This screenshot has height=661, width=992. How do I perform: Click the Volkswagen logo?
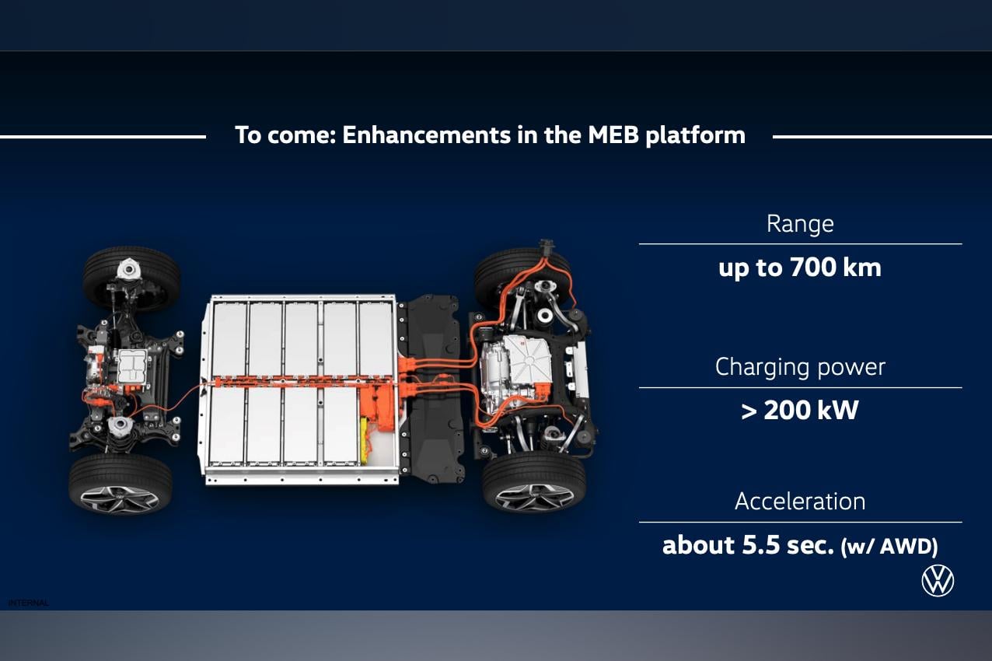coord(937,581)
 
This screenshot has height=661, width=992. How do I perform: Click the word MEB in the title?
coord(614,135)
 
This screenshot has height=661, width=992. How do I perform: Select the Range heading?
coord(800,224)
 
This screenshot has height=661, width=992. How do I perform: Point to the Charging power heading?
coord(800,367)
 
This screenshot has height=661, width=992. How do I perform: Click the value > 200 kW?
coord(800,411)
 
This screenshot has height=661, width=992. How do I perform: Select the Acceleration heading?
coord(800,502)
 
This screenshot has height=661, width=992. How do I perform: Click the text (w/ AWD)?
coord(889,547)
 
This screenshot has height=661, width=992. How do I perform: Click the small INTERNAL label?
coord(28,603)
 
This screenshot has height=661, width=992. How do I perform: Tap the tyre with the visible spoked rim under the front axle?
coord(121,485)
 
